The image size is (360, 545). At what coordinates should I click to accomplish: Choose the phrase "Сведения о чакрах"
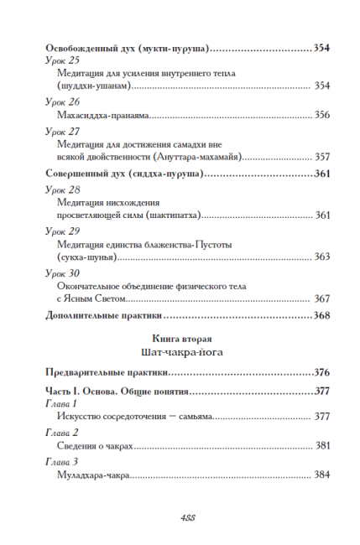97,446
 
